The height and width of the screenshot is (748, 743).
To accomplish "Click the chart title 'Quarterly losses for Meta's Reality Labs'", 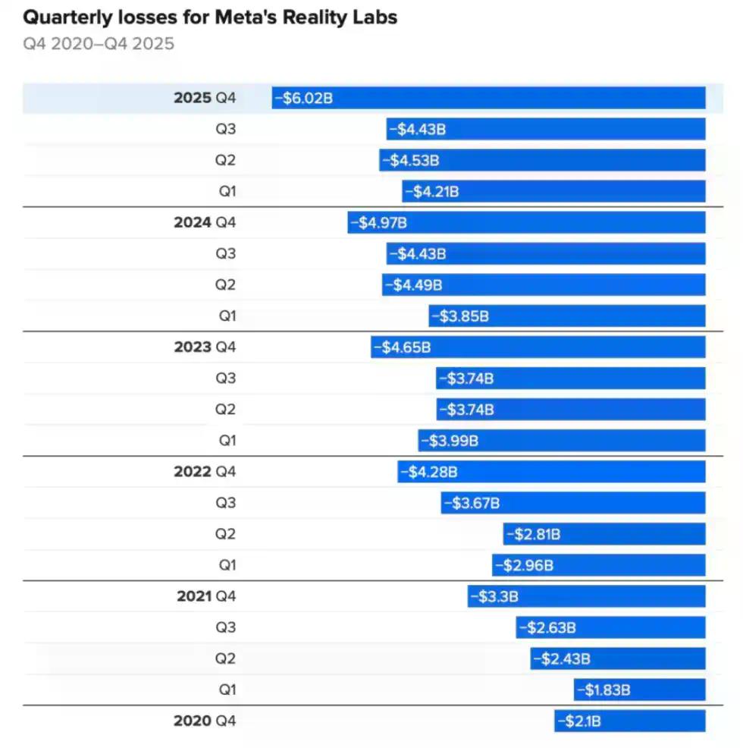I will tap(210, 17).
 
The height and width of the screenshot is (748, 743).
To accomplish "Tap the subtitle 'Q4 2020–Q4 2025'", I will tap(99, 44).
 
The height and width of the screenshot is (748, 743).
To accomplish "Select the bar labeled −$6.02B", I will tap(489, 98).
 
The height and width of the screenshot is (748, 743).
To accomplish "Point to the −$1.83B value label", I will tap(603, 690).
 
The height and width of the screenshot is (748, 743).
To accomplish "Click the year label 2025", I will tap(193, 98).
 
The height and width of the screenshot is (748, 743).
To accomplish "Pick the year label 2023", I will tap(193, 347).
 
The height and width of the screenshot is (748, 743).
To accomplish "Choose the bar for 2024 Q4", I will tap(527, 222).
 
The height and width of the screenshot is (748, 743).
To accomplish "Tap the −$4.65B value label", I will tap(402, 347).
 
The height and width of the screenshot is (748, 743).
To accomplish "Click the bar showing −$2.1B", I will tap(630, 721).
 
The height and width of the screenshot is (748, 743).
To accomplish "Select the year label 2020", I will tap(193, 721).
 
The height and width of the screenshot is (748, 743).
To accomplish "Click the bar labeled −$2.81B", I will tap(604, 534).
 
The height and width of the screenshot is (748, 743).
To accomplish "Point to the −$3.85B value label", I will tap(459, 316).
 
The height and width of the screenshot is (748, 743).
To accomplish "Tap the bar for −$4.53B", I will tap(543, 160).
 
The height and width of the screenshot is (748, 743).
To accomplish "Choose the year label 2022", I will tap(193, 472).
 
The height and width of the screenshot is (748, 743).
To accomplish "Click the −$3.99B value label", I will tap(449, 441).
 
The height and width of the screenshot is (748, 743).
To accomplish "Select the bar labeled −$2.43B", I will tap(618, 658).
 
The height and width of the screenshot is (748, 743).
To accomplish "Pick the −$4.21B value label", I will tap(431, 191).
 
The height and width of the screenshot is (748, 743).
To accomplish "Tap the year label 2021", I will tap(194, 596).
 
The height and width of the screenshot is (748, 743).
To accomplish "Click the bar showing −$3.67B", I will tap(573, 503).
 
